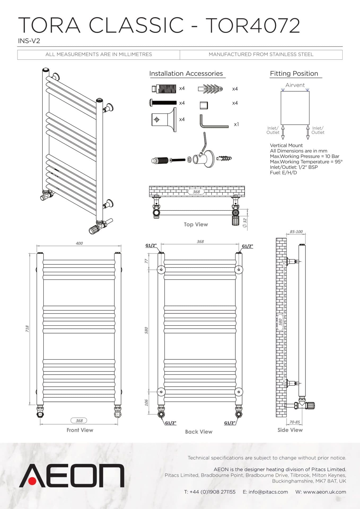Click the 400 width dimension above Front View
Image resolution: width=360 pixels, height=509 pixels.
pyautogui.click(x=79, y=243)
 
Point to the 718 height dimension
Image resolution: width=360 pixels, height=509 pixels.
pyautogui.click(x=27, y=329)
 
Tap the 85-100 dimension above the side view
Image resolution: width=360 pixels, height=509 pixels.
pyautogui.click(x=296, y=232)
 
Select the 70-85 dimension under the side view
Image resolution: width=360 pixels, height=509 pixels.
pyautogui.click(x=295, y=422)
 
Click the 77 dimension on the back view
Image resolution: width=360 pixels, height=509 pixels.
pyautogui.click(x=146, y=261)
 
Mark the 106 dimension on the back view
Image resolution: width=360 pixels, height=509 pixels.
pyautogui.click(x=146, y=403)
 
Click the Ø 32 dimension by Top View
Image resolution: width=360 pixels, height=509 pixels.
pyautogui.click(x=245, y=222)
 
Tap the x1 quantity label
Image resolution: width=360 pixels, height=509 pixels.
pyautogui.click(x=236, y=124)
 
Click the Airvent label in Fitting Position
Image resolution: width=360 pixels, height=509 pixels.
pyautogui.click(x=295, y=85)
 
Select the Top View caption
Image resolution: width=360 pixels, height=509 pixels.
pyautogui.click(x=196, y=225)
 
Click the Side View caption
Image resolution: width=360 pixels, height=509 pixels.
pyautogui.click(x=290, y=430)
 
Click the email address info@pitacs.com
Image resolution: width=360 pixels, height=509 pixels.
pyautogui.click(x=268, y=492)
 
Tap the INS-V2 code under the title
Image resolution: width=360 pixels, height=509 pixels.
pyautogui.click(x=29, y=41)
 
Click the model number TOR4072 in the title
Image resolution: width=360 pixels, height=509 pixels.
pyautogui.click(x=253, y=25)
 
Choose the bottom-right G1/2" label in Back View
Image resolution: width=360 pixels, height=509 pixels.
pyautogui.click(x=229, y=423)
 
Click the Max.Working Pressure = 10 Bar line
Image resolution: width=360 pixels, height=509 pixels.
pyautogui.click(x=304, y=156)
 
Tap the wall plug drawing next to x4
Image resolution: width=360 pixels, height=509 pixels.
pyautogui.click(x=210, y=89)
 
